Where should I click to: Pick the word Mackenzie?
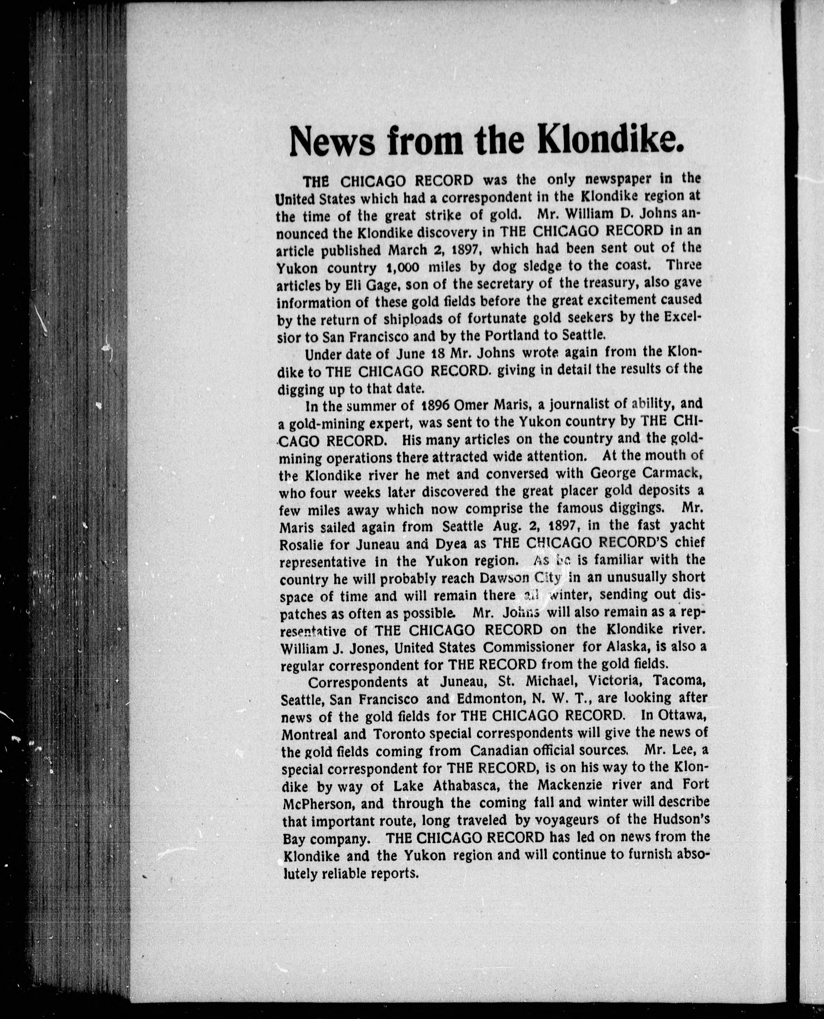(x=571, y=786)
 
